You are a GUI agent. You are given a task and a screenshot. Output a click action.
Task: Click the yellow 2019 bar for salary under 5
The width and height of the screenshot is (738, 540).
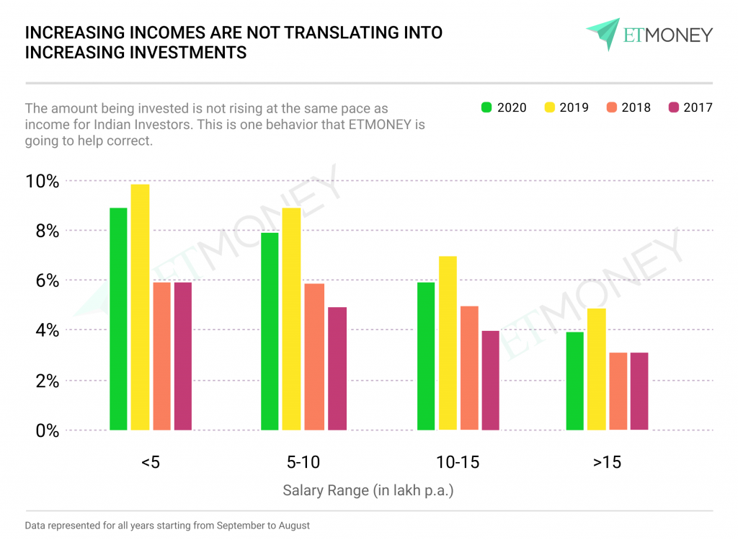tap(140, 307)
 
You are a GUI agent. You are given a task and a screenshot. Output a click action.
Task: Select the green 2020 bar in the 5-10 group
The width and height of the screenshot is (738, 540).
tap(270, 331)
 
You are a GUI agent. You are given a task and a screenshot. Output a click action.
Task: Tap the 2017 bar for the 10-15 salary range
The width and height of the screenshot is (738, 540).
tap(490, 380)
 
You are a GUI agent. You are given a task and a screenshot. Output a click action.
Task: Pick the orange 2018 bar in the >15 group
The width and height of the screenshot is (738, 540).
tap(618, 391)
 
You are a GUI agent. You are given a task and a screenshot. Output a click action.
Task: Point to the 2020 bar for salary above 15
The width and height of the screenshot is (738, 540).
tap(575, 381)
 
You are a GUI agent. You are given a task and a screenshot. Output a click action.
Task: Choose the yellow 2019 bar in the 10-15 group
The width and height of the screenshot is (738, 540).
tap(448, 343)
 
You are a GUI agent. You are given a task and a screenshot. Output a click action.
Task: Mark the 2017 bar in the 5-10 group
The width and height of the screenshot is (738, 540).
tap(337, 368)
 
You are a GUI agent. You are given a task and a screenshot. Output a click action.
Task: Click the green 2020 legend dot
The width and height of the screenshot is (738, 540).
tap(486, 107)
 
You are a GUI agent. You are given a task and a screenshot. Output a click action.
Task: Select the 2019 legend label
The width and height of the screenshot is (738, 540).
tap(574, 107)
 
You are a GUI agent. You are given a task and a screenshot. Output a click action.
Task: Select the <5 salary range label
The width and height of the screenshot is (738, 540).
tap(151, 462)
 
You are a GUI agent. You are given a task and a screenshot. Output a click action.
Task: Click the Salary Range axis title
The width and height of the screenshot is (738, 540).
tap(368, 491)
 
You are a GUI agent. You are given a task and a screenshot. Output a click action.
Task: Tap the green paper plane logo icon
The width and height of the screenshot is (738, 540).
tap(603, 33)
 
